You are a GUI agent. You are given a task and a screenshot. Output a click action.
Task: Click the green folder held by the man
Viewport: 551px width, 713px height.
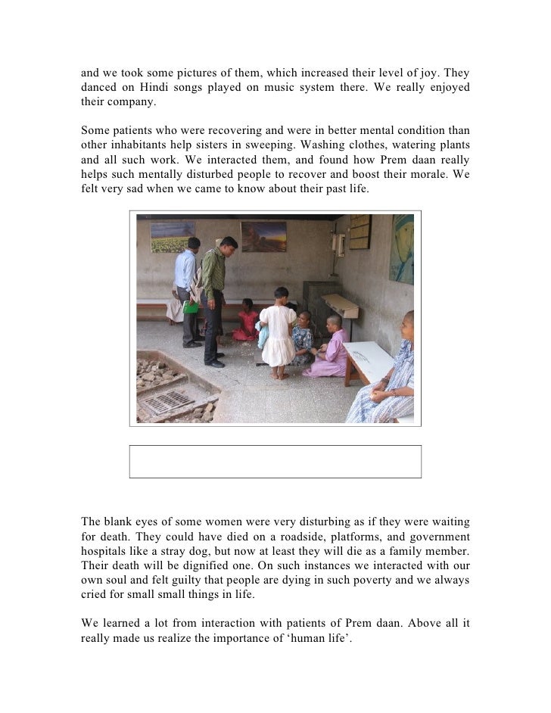tap(191, 307)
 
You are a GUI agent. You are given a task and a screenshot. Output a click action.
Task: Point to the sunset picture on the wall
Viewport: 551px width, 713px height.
tap(263, 237)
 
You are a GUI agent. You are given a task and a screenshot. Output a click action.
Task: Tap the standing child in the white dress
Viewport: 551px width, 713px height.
tap(277, 329)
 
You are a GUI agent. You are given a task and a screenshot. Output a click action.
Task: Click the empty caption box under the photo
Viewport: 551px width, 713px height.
tap(275, 461)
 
